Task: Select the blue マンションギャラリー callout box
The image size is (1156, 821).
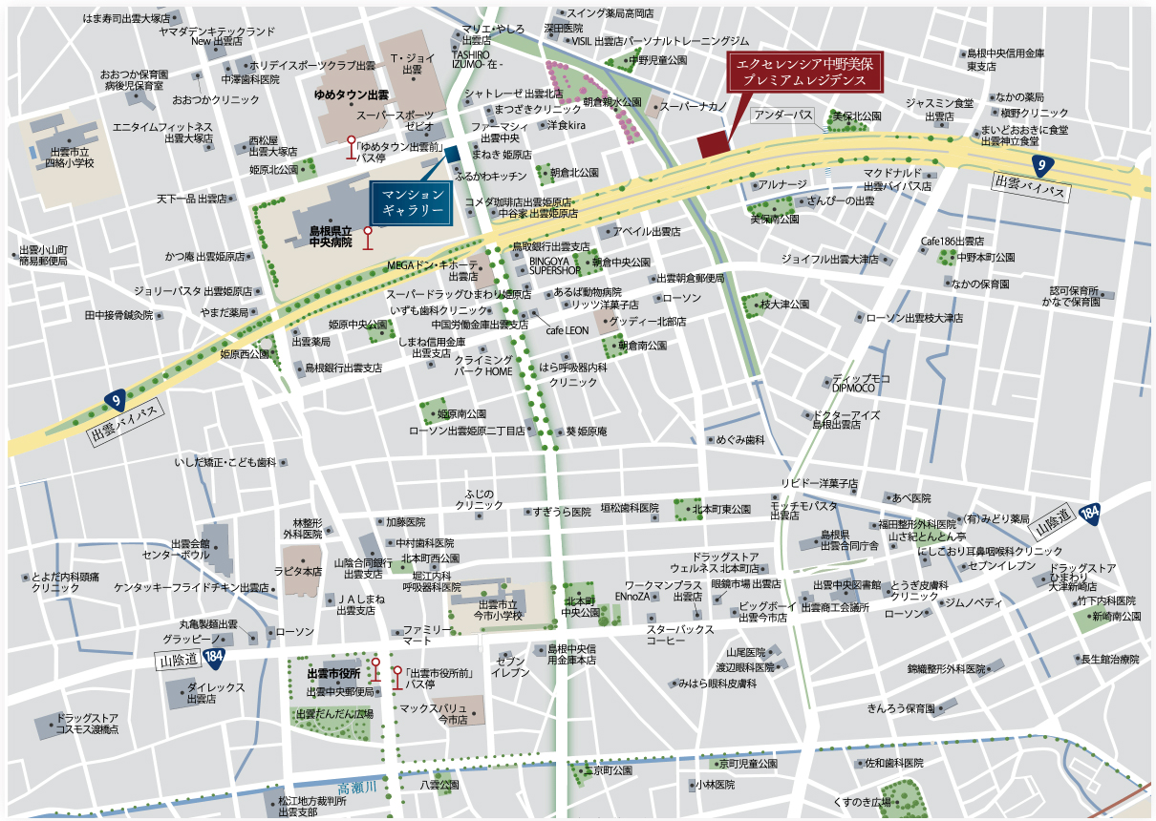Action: coord(412,200)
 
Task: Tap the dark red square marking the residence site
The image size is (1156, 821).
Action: coord(712,145)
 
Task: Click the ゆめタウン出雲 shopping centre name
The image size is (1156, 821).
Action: coord(352,96)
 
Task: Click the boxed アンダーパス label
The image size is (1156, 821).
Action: coord(783,116)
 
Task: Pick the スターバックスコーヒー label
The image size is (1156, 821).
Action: coord(680,636)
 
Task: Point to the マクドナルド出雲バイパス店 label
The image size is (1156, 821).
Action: coord(895,179)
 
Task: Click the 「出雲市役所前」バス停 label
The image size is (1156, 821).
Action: coord(440,679)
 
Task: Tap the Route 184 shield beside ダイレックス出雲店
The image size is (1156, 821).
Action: coord(214,656)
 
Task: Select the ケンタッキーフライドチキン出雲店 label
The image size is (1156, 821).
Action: coord(191,587)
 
